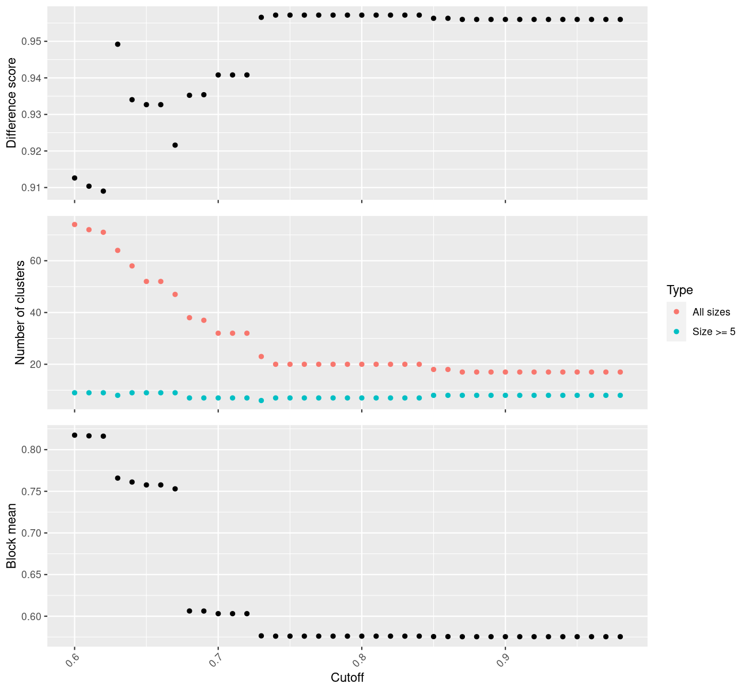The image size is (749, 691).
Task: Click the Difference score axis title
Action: click(11, 103)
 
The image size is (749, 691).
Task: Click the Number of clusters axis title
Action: click(20, 313)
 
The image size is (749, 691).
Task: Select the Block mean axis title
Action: click(11, 536)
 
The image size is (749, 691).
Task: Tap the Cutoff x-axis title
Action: click(347, 677)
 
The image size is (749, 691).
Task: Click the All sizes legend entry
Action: click(711, 312)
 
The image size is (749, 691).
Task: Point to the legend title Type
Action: click(679, 290)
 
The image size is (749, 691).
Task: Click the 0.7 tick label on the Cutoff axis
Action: click(214, 661)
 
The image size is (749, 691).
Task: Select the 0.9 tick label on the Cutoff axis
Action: click(502, 661)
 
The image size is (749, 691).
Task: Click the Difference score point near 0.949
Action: click(118, 44)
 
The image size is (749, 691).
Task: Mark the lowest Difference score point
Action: click(103, 191)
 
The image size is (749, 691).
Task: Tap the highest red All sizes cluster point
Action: click(74, 225)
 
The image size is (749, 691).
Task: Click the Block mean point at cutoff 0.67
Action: click(175, 489)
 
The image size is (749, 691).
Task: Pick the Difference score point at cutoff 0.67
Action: click(175, 145)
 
